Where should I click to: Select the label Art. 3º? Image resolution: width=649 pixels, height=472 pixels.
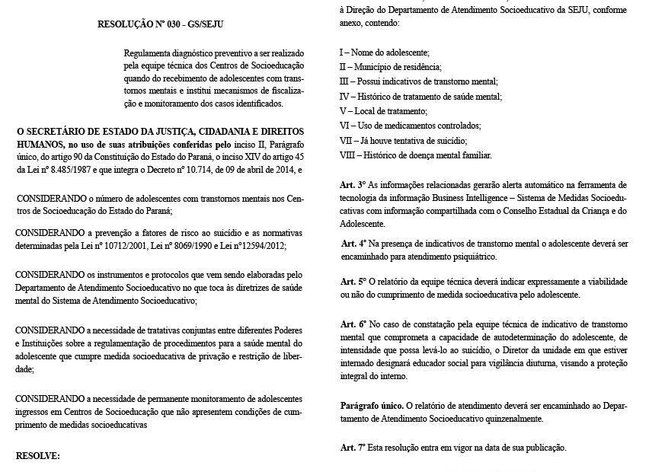point(353,184)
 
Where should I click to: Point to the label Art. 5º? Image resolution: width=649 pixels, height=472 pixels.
point(353,281)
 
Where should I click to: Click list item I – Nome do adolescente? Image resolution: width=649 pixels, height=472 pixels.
point(385,53)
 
